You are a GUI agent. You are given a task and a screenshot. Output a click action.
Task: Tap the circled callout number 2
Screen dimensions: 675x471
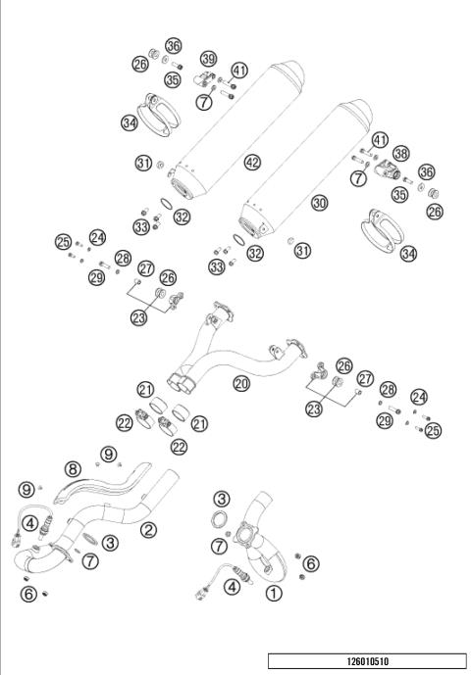pos(149,529)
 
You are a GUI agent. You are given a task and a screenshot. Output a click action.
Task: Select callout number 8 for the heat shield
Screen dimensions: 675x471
pos(73,468)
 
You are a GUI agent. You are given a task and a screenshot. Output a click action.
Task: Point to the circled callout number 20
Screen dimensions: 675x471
pos(240,384)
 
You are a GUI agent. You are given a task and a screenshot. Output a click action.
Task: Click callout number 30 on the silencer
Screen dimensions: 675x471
pos(318,202)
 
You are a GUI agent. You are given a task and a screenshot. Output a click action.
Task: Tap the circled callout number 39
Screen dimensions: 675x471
pos(209,60)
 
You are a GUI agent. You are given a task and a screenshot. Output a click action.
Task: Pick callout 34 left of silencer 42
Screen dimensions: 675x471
pos(130,122)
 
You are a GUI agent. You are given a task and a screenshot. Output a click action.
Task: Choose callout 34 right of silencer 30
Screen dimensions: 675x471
pos(407,253)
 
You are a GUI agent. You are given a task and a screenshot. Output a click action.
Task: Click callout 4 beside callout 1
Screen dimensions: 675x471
pos(232,587)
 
